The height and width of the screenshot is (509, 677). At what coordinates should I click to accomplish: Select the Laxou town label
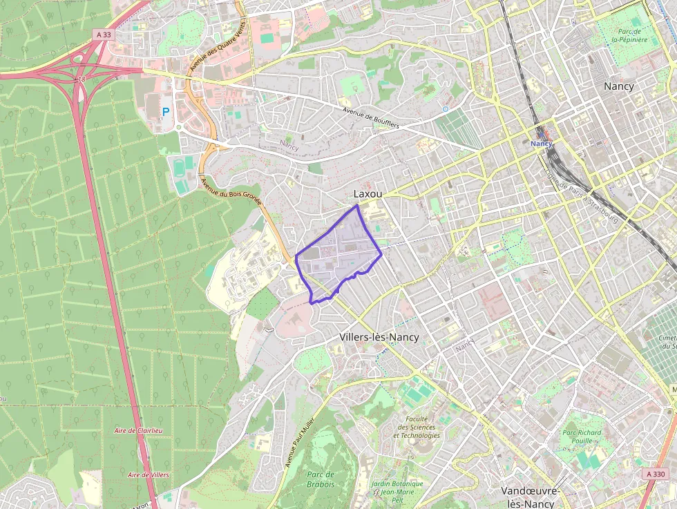[x=368, y=194]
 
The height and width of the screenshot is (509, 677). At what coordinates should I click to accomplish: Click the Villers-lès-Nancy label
[x=379, y=337]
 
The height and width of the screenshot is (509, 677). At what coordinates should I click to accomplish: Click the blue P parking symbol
[x=166, y=111]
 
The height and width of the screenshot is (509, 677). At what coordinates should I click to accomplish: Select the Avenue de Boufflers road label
[x=371, y=117]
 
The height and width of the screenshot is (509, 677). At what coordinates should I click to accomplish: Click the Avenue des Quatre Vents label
[x=218, y=46]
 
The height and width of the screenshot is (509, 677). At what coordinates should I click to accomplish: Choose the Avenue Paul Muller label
[x=299, y=442]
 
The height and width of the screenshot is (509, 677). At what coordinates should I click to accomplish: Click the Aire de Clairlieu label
[x=138, y=430]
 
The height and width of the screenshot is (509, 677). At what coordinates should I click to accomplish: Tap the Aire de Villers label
[x=149, y=475]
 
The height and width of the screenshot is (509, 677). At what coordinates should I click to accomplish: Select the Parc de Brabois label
[x=321, y=479]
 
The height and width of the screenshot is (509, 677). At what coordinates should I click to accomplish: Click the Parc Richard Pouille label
[x=582, y=437]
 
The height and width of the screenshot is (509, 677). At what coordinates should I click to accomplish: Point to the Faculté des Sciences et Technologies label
[x=416, y=427]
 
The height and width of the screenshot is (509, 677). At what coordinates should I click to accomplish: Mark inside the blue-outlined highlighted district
[x=337, y=259]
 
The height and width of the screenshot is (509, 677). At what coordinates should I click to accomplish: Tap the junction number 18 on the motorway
[x=81, y=79]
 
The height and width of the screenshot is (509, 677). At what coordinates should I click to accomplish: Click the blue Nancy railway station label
[x=542, y=143]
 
